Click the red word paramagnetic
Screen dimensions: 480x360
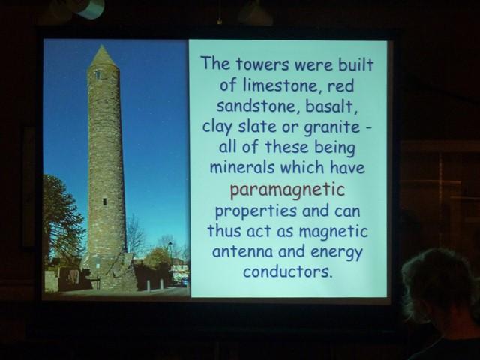pos(287,190)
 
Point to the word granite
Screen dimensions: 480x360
pos(331,127)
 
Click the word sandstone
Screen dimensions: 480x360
pos(258,106)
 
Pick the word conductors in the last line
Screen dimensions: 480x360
pos(287,271)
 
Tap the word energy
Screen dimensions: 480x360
pos(337,253)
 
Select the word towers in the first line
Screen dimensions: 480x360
pos(262,64)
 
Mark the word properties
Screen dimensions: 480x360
pos(256,211)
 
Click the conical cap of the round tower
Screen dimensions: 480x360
pos(103,56)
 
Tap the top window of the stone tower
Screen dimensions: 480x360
pos(97,74)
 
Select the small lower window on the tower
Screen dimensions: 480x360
pos(104,202)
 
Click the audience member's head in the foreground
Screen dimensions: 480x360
pos(440,285)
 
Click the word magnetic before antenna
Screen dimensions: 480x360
pos(333,232)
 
